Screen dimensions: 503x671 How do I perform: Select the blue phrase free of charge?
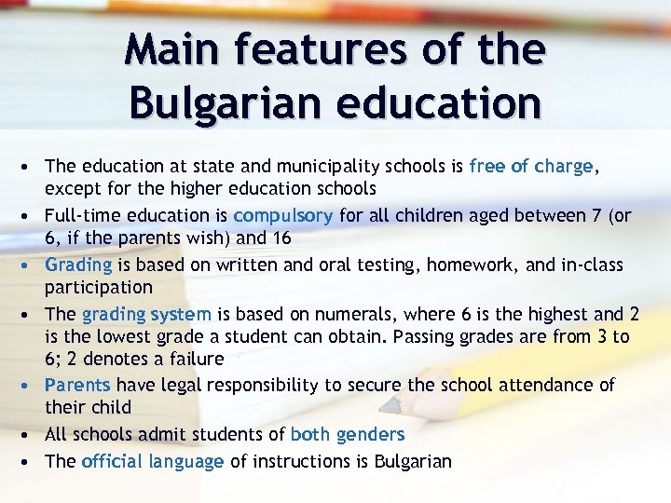point(530,167)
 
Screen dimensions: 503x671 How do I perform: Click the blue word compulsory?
point(282,215)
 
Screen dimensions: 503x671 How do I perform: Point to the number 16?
point(281,238)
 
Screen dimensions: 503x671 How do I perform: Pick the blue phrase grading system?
point(146,313)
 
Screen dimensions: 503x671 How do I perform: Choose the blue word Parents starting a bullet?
point(77,385)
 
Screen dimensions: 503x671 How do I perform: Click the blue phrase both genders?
point(348,434)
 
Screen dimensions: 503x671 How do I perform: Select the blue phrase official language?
point(152,461)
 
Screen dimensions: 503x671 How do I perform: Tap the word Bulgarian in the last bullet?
point(412,461)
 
